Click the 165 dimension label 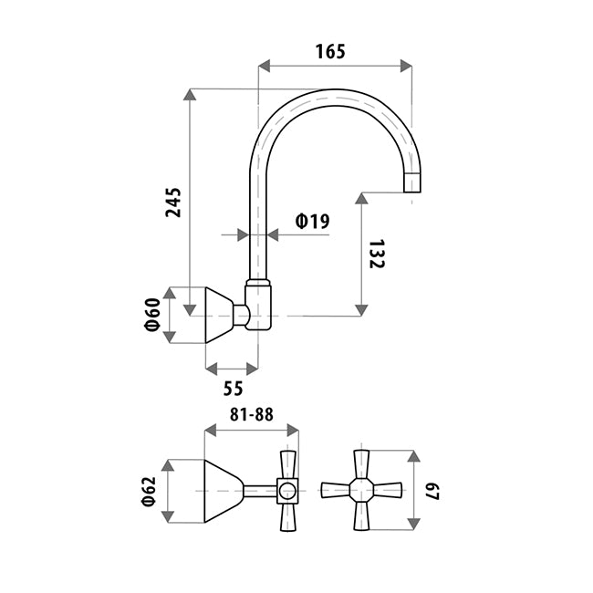330,51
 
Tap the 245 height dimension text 173,203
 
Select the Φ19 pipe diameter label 312,222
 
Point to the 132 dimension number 376,254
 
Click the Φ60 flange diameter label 153,315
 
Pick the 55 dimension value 233,389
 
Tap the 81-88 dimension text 252,414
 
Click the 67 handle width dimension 432,492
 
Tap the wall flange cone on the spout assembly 219,315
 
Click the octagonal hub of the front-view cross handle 361,491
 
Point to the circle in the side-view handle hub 287,491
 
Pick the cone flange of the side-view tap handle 224,491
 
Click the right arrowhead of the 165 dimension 406,66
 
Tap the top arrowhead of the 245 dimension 190,95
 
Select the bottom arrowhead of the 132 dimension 361,310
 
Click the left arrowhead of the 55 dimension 212,369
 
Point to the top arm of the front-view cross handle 361,464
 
